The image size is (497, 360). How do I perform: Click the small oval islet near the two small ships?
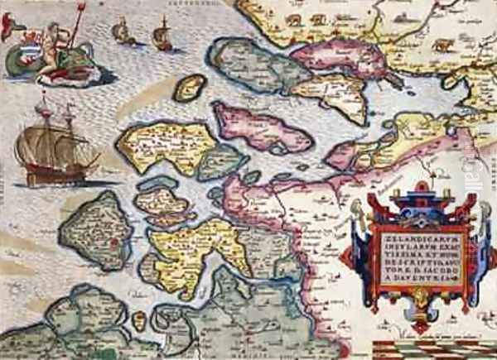point(191,87)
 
